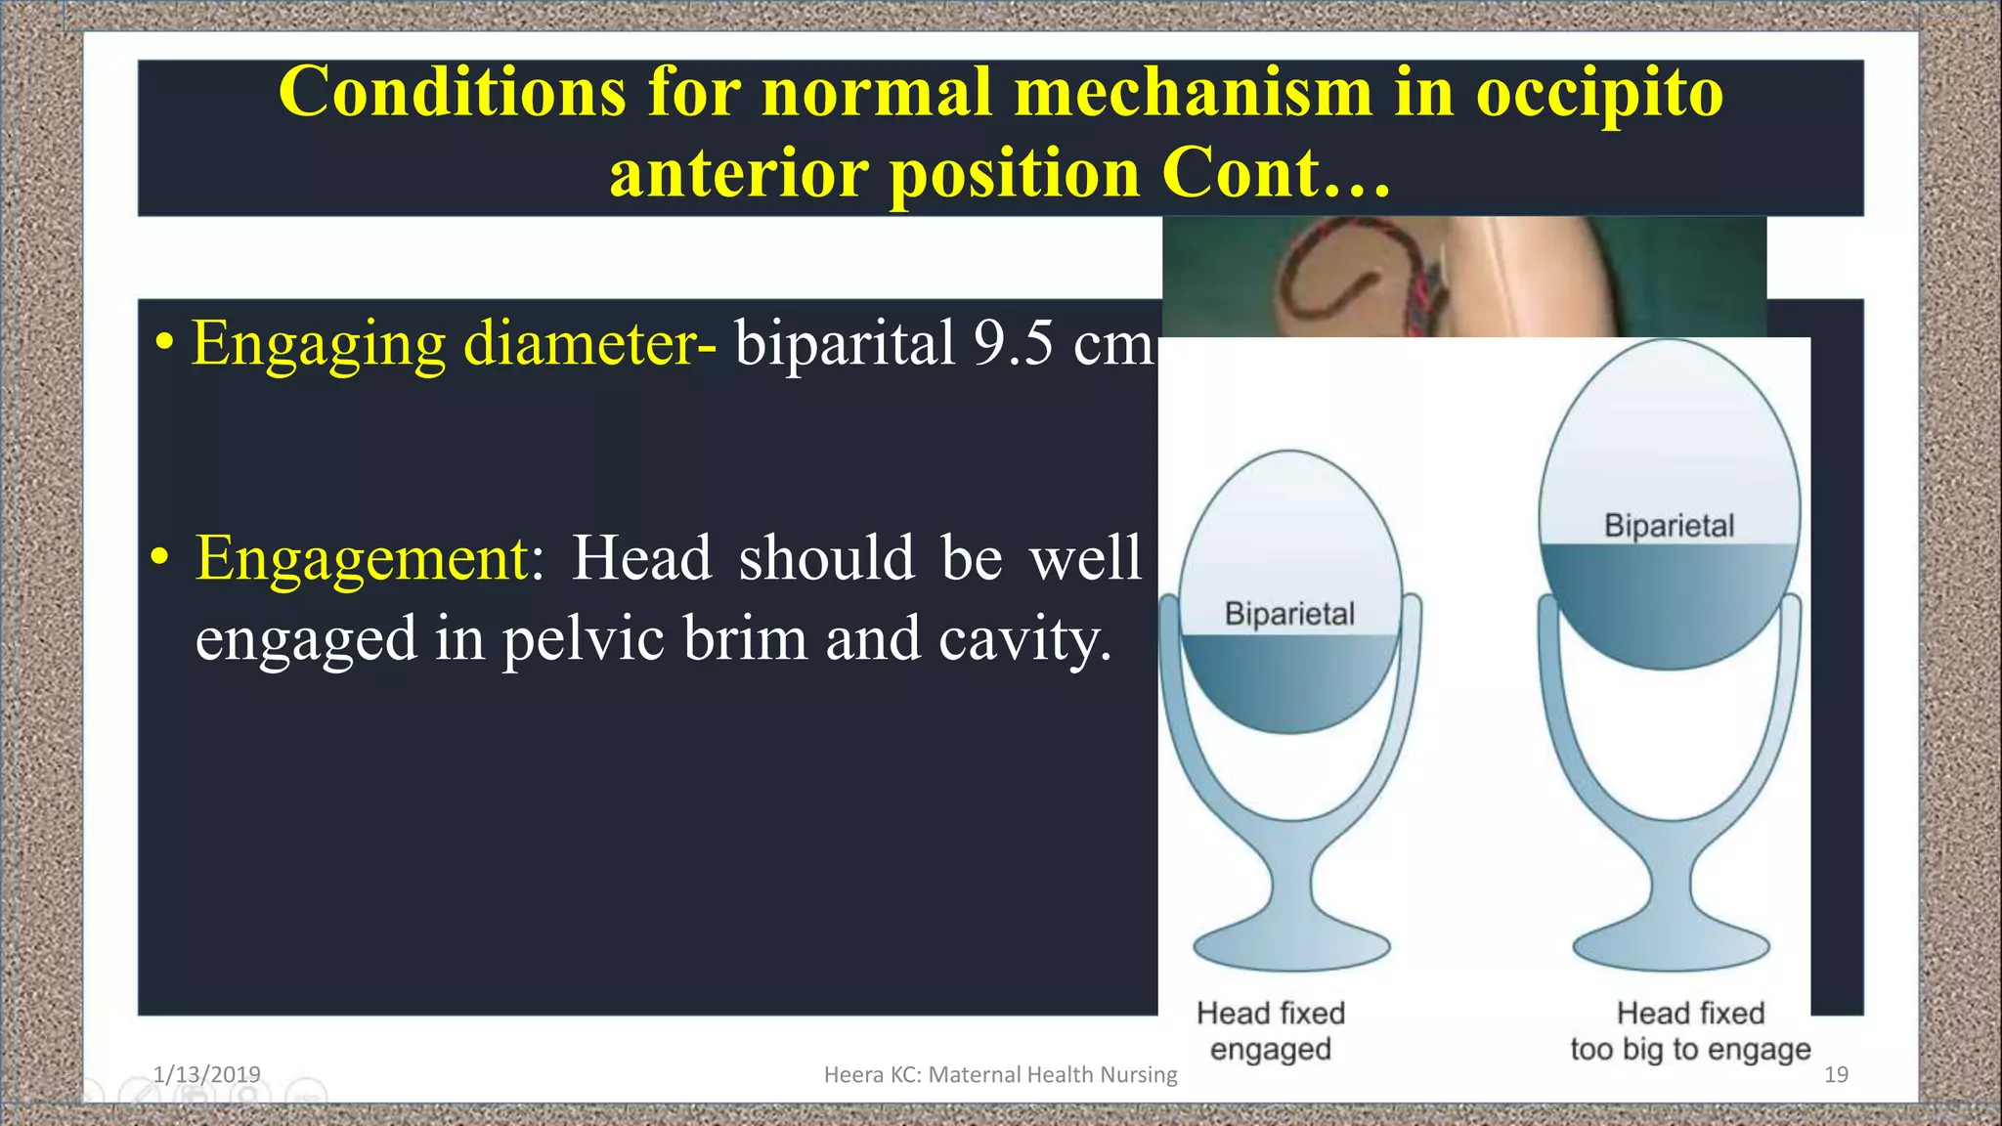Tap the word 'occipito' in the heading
coord(1599,93)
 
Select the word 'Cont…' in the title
coord(1275,174)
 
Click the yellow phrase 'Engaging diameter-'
coord(454,344)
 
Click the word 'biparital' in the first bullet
coord(845,344)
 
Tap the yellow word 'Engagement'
coord(363,558)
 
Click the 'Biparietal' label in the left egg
coord(1289,614)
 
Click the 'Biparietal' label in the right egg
coord(1669,526)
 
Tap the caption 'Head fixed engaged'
coord(1271,1030)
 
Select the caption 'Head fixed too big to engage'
coord(1690,1030)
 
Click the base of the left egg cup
coord(1290,946)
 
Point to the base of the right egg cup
coord(1671,946)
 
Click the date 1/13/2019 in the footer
coord(206,1074)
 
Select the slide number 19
coord(1836,1074)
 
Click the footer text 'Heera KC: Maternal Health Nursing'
coord(1000,1074)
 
